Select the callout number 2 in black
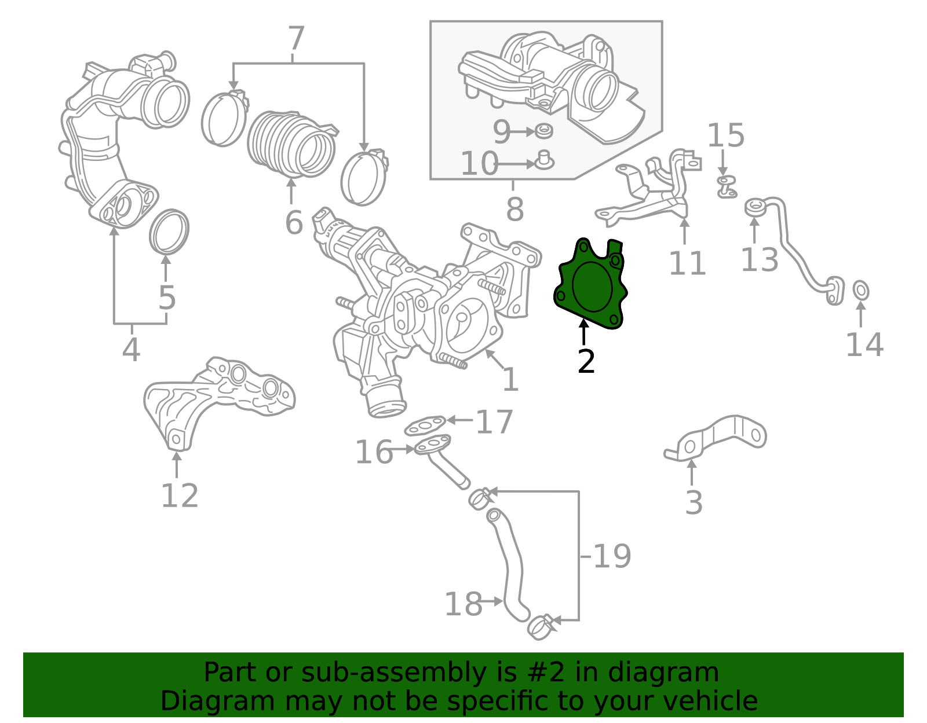coord(586,362)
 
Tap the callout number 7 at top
coord(296,39)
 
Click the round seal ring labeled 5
coord(169,232)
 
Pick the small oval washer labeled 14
coord(861,290)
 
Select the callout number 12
coord(179,496)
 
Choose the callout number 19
coord(612,556)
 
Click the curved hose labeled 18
coord(512,567)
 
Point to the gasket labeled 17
coord(425,427)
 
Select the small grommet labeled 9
coord(543,131)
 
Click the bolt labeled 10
coord(544,160)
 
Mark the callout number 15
coord(725,136)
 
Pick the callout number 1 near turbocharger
coord(510,380)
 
